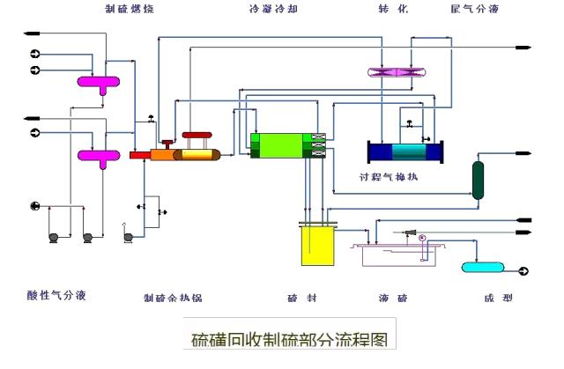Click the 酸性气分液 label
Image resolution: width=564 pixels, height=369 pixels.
click(56, 295)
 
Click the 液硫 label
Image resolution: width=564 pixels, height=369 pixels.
click(392, 297)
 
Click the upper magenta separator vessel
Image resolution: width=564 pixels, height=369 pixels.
click(98, 82)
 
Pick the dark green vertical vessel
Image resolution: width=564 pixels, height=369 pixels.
click(479, 179)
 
